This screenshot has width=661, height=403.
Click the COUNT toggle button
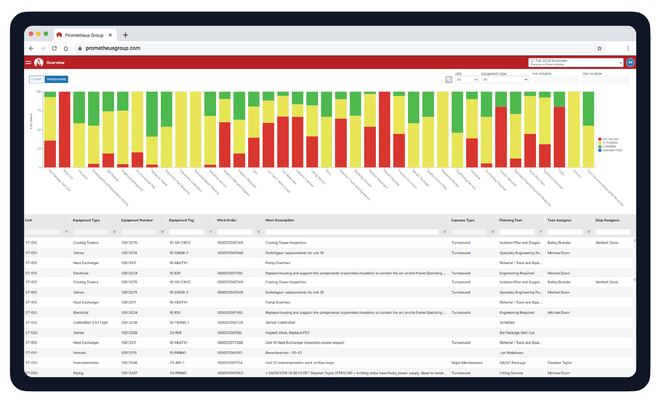pos(36,79)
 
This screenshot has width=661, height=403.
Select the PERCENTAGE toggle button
pos(56,79)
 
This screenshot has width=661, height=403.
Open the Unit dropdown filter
pos(467,80)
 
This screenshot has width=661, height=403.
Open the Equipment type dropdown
pos(505,80)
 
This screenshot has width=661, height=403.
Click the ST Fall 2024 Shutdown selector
pos(575,62)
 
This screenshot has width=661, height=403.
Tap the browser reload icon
pos(54,48)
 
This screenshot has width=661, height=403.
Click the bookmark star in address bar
pos(600,48)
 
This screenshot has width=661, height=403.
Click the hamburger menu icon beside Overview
pos(28,63)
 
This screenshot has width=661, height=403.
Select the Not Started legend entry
pos(610,139)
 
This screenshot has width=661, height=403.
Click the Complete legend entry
pos(609,146)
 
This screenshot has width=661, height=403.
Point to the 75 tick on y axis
pos(39,111)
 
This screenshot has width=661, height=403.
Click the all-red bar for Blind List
pos(65,129)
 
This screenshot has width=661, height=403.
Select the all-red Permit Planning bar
pos(384,129)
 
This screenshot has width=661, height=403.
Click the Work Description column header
pos(280,220)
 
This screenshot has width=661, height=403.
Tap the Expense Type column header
pos(463,220)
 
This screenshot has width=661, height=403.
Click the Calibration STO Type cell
pos(91,323)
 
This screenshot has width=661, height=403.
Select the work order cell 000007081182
pos(230,333)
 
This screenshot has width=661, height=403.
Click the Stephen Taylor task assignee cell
pos(560,363)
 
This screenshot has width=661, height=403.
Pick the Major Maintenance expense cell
pos(467,363)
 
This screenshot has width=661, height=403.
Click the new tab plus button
pos(125,35)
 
